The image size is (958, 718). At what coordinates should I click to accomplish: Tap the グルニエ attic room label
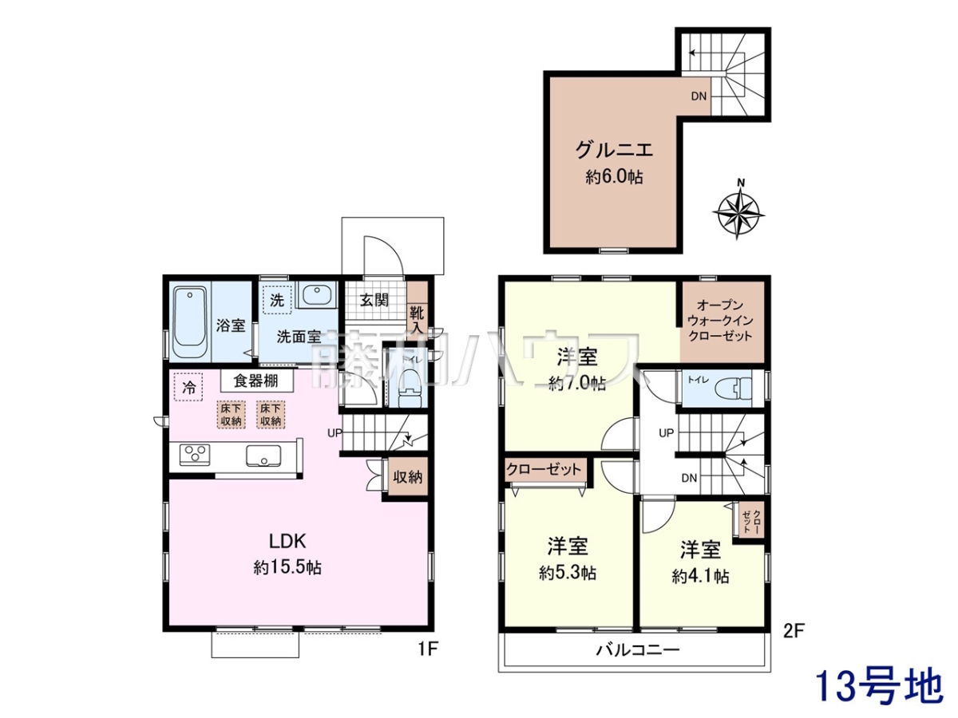point(614,150)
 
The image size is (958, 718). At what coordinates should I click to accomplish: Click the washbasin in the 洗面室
point(316,294)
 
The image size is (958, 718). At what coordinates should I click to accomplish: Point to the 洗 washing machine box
point(277,300)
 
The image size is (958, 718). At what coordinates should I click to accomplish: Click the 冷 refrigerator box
point(188,387)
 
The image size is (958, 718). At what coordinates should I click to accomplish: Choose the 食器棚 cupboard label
point(256,381)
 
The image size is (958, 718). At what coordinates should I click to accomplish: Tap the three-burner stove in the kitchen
point(195,455)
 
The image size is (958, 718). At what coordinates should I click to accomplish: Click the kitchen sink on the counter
point(263,456)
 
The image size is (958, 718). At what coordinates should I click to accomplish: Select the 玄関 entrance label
point(374,300)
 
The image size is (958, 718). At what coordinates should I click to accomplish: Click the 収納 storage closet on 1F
point(408,476)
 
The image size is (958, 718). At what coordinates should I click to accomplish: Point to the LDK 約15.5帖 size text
point(287,567)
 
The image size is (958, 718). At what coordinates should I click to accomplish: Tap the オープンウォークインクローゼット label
point(720,321)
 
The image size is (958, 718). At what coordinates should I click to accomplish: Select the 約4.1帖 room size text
point(700,576)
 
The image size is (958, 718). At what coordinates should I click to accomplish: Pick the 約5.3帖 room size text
point(568,573)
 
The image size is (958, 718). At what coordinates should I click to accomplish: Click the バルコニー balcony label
point(638,650)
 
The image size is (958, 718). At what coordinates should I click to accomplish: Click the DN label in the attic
point(699,96)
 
